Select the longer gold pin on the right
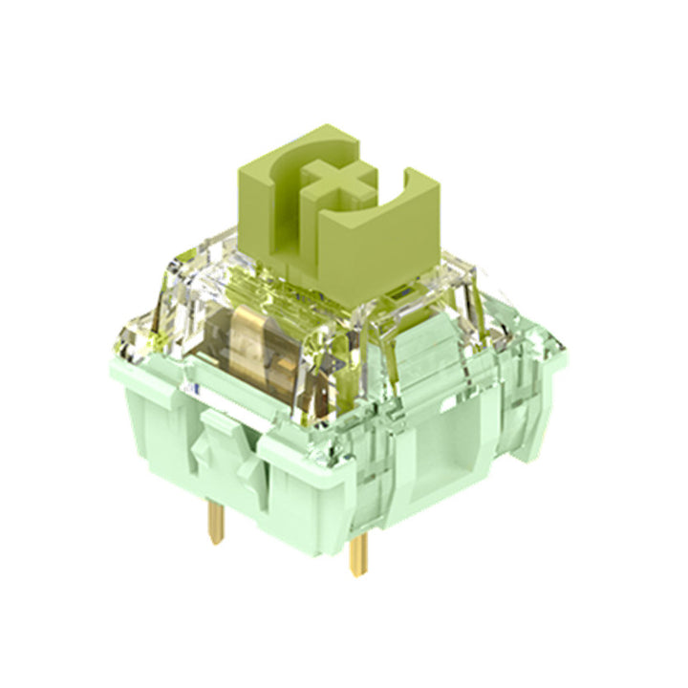click(x=359, y=553)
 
